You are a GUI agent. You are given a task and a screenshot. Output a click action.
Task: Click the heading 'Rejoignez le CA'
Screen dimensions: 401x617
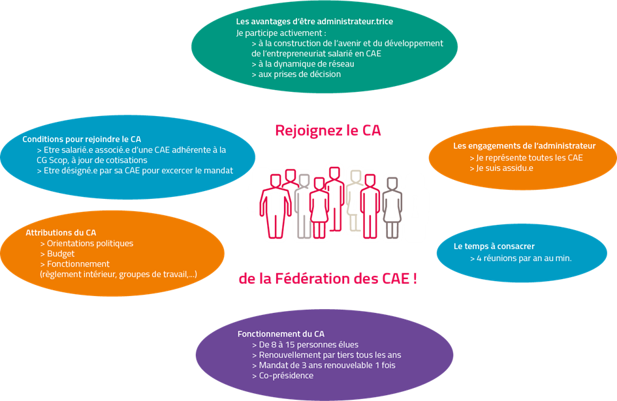328,130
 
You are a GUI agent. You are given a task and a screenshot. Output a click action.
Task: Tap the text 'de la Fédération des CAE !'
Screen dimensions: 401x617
328,279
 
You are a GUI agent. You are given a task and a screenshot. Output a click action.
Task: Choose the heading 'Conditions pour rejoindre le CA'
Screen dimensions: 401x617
82,139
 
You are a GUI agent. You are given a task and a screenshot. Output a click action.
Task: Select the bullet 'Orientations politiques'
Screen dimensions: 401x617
89,243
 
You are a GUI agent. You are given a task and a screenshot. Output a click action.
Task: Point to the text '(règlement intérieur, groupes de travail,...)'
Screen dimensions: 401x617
118,275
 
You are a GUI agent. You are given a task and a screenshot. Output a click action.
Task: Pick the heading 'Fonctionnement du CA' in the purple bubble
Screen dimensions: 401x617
281,334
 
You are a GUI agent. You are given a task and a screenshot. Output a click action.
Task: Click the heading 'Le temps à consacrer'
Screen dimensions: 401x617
494,246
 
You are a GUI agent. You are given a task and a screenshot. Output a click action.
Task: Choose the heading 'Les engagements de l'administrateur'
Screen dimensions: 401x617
524,145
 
